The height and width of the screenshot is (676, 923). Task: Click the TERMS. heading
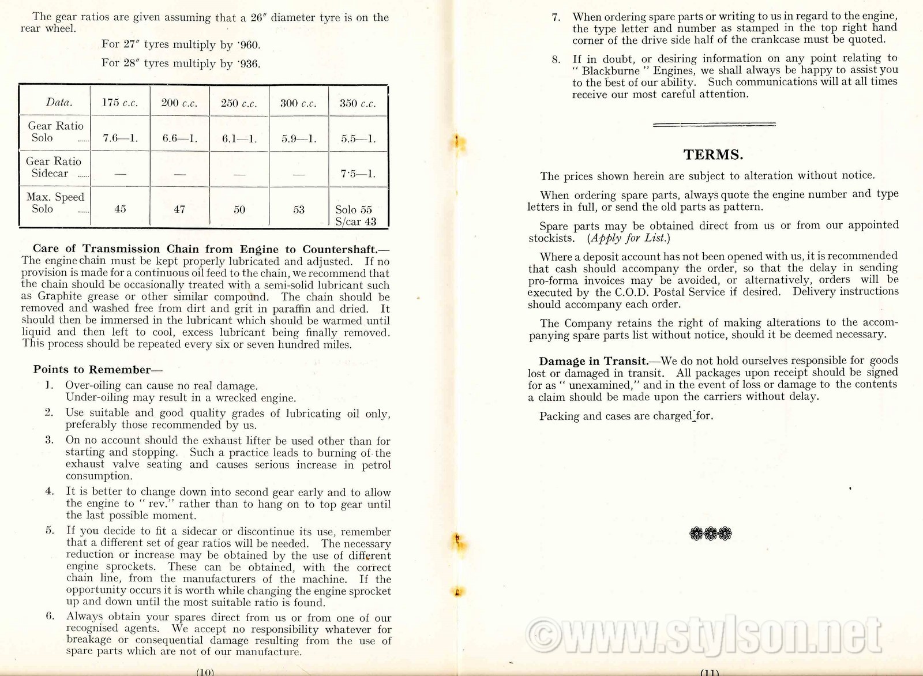click(x=713, y=155)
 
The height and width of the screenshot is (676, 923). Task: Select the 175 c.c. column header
click(x=120, y=103)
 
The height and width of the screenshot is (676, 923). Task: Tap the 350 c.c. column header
click(x=358, y=104)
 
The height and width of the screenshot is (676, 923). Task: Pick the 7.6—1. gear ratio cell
click(x=120, y=139)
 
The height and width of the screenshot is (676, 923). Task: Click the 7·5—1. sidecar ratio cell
click(x=358, y=174)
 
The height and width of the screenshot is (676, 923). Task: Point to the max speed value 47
click(x=179, y=209)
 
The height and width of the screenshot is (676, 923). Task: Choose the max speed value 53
click(x=299, y=209)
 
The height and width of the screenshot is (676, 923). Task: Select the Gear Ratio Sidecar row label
click(x=54, y=167)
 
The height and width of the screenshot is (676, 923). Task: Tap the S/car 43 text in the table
click(x=355, y=221)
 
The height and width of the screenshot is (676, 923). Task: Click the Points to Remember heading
click(x=97, y=370)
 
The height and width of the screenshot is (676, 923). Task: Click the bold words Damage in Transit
click(x=593, y=362)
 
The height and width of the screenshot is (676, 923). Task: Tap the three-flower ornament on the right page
click(x=711, y=534)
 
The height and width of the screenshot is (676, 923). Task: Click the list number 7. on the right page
click(x=556, y=17)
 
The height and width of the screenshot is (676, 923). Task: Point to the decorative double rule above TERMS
click(x=714, y=124)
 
